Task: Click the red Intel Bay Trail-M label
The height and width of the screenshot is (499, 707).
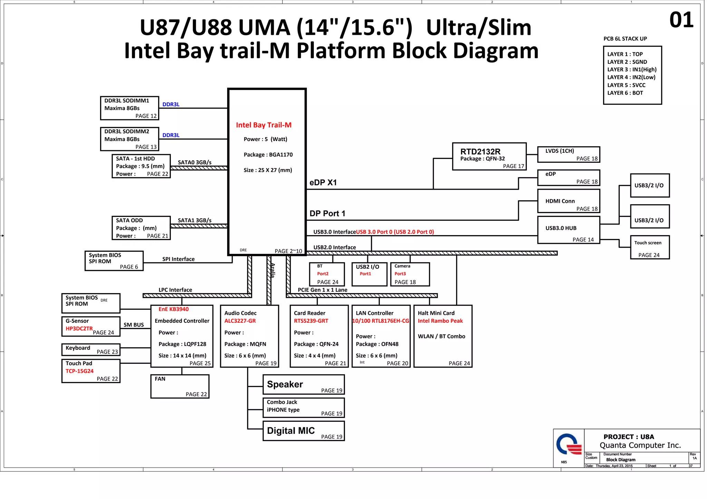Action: click(x=263, y=125)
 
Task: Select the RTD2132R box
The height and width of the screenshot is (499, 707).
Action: click(x=489, y=157)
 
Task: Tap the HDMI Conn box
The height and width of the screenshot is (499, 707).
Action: click(x=568, y=201)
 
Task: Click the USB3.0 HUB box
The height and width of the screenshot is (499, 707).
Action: click(x=568, y=230)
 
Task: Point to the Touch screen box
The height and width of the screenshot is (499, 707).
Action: click(x=649, y=247)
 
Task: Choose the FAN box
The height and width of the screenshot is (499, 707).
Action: click(x=180, y=387)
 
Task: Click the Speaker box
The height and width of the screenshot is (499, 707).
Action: click(x=303, y=385)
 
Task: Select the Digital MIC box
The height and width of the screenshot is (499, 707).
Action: click(x=303, y=431)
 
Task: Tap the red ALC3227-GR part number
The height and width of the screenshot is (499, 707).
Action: click(x=240, y=321)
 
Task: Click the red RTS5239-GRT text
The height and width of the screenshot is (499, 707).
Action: click(x=311, y=321)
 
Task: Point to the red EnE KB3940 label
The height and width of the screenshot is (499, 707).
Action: click(x=173, y=309)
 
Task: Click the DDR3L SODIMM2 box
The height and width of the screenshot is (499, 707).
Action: click(x=129, y=139)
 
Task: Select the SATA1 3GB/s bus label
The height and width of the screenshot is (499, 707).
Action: click(x=194, y=220)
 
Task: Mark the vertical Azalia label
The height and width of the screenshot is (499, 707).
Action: click(x=272, y=270)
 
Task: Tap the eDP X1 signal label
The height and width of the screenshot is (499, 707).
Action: click(x=323, y=183)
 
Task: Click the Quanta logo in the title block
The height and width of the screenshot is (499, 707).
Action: click(x=568, y=445)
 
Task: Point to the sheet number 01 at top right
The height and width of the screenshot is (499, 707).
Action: click(x=681, y=20)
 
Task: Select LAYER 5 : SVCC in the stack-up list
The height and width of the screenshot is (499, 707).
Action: click(x=626, y=85)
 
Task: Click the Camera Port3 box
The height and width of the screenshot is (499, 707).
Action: click(x=410, y=275)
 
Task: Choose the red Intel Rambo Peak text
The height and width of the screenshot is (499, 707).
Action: click(x=440, y=321)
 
